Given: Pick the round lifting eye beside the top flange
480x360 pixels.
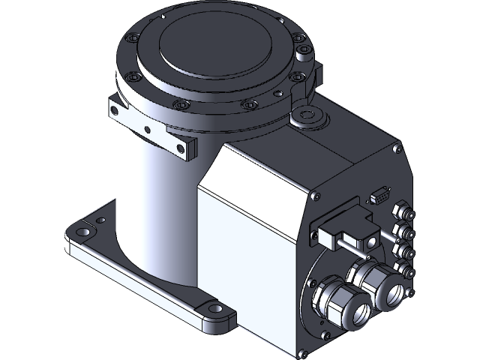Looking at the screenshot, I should pyautogui.click(x=307, y=115).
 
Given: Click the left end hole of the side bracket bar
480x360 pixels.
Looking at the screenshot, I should pyautogui.click(x=115, y=112).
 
